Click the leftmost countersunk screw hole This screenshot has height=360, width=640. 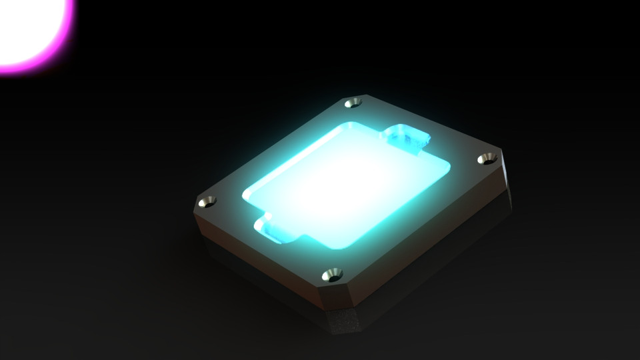click(208, 201)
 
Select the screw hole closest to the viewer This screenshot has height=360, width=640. click(331, 274)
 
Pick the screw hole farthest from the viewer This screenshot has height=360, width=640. click(353, 103)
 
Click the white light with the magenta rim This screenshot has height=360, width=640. click(27, 27)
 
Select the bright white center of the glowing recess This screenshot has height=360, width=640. click(347, 187)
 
